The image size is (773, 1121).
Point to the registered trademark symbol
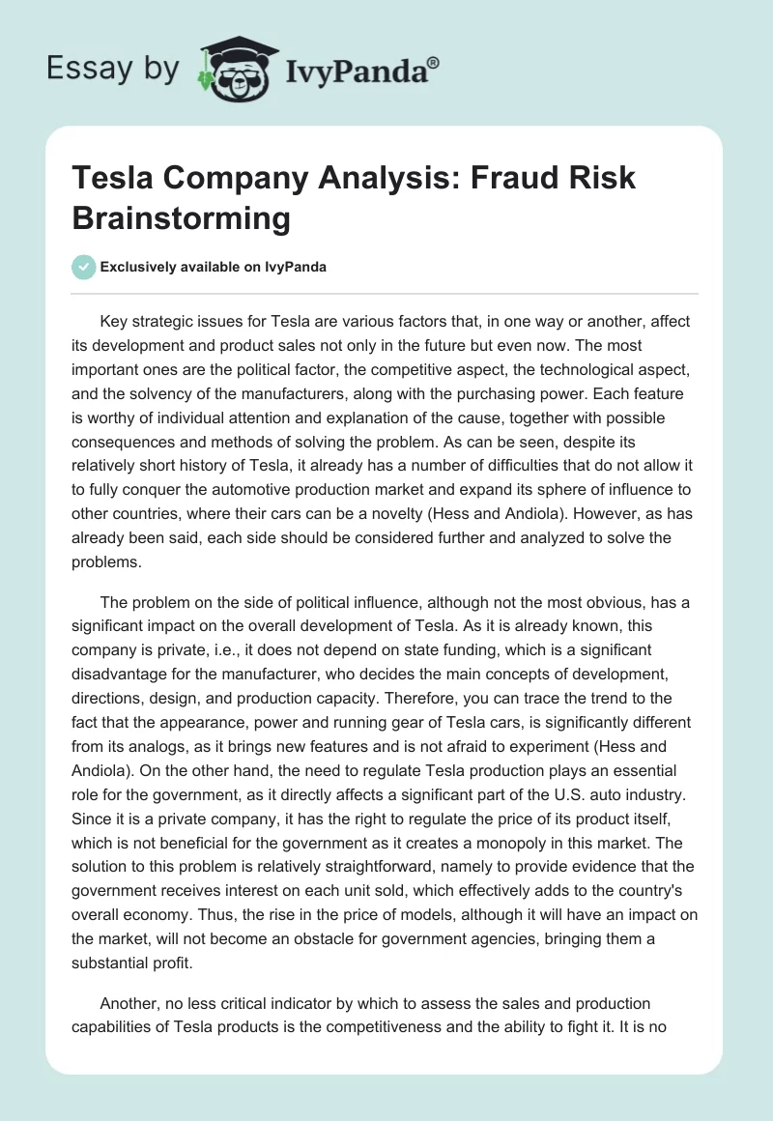434,62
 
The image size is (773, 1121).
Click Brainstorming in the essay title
181,218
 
